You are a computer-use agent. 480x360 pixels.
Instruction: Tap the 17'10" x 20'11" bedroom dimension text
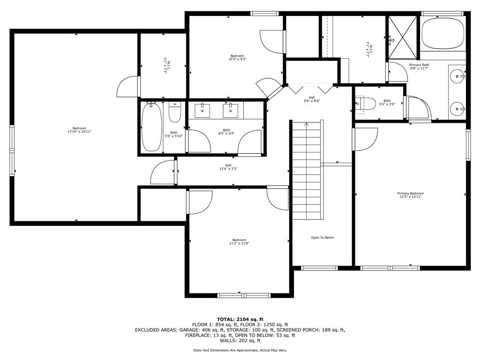[80, 132]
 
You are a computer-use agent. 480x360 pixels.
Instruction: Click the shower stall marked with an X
[403, 37]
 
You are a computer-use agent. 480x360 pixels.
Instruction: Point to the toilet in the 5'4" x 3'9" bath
[366, 104]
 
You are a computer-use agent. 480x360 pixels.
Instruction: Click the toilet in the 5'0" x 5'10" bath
[175, 112]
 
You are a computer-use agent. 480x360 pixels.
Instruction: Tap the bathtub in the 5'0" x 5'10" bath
[151, 127]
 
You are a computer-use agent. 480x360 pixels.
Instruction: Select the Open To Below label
[322, 238]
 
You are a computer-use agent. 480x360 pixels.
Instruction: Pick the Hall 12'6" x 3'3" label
[228, 167]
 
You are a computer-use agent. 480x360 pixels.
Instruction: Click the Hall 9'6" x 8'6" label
[312, 99]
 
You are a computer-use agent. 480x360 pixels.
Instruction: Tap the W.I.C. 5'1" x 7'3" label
[167, 65]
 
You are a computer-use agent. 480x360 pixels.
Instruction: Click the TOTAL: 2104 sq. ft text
[240, 320]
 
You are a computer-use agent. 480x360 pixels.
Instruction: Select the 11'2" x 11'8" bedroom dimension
[240, 243]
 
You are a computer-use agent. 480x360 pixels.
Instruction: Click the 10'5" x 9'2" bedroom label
[237, 58]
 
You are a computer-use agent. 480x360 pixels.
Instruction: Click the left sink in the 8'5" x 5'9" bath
[202, 111]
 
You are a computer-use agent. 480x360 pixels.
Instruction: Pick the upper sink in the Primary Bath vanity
[457, 75]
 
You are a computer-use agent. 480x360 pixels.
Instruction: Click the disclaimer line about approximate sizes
[240, 350]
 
